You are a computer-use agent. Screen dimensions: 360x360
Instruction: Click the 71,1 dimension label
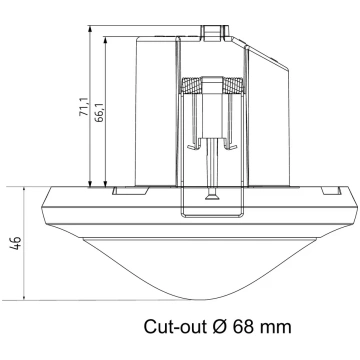(84, 107)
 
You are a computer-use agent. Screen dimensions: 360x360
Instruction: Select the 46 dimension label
(16, 243)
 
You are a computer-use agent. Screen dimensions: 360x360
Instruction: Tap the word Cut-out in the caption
(175, 326)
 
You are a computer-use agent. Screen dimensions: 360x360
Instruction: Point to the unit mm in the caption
(275, 328)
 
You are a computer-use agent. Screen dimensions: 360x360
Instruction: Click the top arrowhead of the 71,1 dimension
(90, 29)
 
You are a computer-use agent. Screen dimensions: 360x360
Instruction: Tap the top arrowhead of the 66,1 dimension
(106, 40)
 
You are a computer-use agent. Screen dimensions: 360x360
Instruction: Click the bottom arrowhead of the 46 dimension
(24, 297)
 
